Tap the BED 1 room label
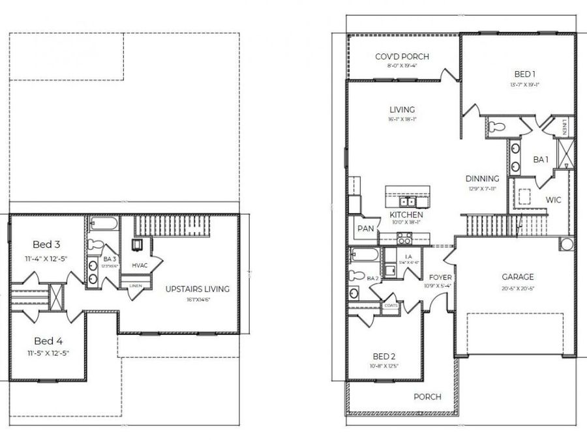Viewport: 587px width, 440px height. [x=519, y=74]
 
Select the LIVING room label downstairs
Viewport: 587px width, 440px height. [x=402, y=110]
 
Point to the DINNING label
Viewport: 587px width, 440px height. [x=482, y=179]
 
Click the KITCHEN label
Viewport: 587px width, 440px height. [x=406, y=214]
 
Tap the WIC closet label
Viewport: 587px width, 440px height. [x=554, y=200]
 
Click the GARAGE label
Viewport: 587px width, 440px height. [x=517, y=276]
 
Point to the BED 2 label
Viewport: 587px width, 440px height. [x=384, y=357]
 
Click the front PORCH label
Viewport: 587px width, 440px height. [x=427, y=396]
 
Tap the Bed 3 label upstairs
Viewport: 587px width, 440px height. [x=47, y=244]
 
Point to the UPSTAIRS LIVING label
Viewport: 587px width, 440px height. [x=197, y=289]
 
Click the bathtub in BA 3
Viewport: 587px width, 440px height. [x=103, y=226]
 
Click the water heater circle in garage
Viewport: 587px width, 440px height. [x=565, y=245]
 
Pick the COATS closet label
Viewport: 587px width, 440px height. [x=391, y=305]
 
